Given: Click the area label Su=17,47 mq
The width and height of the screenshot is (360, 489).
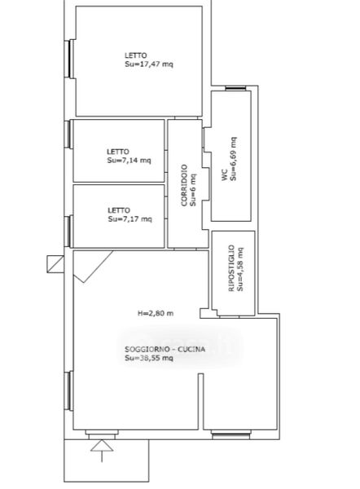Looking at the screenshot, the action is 149,64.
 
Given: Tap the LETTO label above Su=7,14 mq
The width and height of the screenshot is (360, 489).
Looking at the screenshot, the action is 118,152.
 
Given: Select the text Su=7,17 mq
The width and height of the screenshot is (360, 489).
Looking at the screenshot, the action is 130,219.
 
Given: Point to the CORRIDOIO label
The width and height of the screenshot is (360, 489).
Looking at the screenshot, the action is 184,185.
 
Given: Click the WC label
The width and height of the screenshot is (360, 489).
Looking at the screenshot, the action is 225,175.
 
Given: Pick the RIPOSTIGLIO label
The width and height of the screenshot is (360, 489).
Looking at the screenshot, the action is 231,268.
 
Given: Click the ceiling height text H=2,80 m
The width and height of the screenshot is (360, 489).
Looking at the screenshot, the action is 156,314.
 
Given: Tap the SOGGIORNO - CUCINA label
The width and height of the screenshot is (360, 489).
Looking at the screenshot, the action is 165,350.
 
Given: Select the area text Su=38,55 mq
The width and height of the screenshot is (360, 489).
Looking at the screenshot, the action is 149,358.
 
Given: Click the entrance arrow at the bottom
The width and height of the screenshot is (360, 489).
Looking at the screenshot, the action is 102,451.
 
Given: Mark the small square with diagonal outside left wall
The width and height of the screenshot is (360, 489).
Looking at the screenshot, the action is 55,264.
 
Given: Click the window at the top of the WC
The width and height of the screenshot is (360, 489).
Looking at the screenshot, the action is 235,89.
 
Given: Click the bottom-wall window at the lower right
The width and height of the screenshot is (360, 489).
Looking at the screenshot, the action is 231,434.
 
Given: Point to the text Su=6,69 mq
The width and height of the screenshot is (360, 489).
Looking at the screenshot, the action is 233,159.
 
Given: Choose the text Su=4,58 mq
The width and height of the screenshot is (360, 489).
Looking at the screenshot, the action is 240,270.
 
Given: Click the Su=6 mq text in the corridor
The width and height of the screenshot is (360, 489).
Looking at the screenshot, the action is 193,190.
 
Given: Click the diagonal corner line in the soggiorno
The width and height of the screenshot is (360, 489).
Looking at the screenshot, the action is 93,267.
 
